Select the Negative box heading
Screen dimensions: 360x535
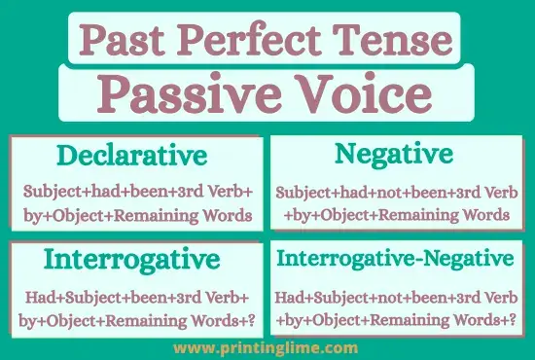(x=393, y=154)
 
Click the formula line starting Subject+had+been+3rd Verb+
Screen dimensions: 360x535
(x=137, y=191)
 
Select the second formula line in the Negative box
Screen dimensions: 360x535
(x=394, y=214)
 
